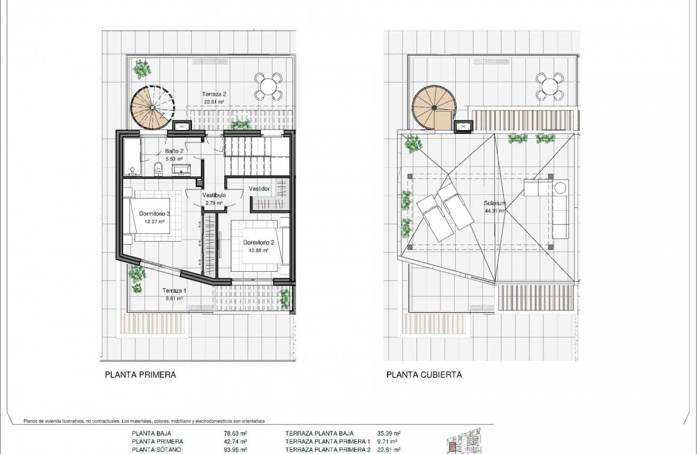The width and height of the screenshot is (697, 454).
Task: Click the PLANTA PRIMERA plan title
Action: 140,375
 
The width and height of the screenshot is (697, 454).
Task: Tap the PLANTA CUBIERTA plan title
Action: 424,375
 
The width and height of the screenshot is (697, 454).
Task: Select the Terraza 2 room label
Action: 214,94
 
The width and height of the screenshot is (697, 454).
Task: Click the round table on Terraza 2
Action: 268,86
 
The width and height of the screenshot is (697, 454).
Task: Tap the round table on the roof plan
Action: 550,86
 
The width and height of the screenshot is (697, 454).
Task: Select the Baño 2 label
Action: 174,151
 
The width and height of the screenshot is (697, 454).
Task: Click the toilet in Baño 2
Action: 158,169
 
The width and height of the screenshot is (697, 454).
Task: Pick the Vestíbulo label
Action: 214,195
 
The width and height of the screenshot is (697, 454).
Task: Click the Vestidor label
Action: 259,189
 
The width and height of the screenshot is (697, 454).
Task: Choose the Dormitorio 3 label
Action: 154,214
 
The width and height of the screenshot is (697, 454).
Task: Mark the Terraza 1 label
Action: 174,291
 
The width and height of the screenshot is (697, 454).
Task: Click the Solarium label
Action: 495,203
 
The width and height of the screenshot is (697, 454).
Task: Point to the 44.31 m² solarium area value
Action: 495,210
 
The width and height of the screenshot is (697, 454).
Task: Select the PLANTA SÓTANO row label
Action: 156,450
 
